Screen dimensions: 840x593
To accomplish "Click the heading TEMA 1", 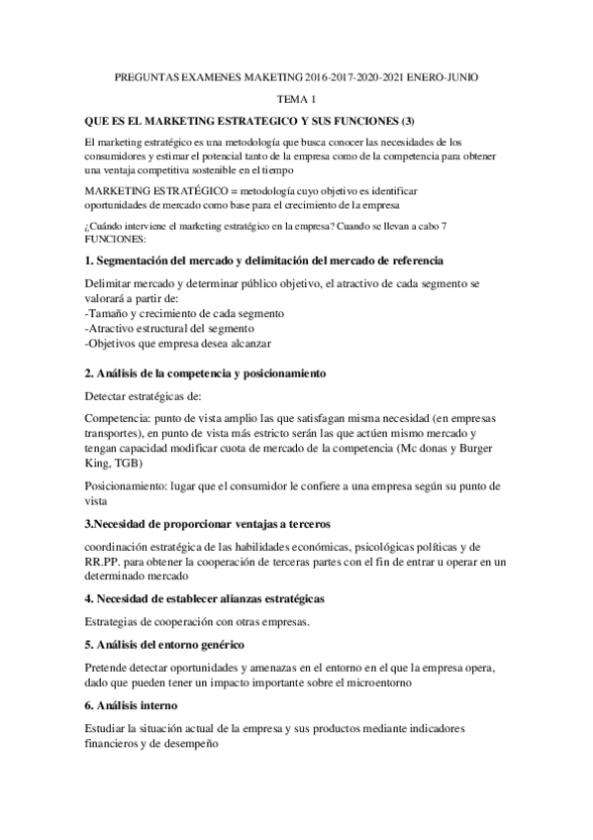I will [x=296, y=99].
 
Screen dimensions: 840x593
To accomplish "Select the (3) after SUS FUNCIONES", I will [x=396, y=121].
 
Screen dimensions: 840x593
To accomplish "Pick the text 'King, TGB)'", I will [x=114, y=464].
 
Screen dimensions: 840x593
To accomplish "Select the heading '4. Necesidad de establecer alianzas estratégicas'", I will [x=219, y=599].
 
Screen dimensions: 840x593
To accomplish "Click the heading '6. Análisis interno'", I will [x=132, y=706].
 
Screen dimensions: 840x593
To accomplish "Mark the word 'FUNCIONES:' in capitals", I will [x=115, y=239].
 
